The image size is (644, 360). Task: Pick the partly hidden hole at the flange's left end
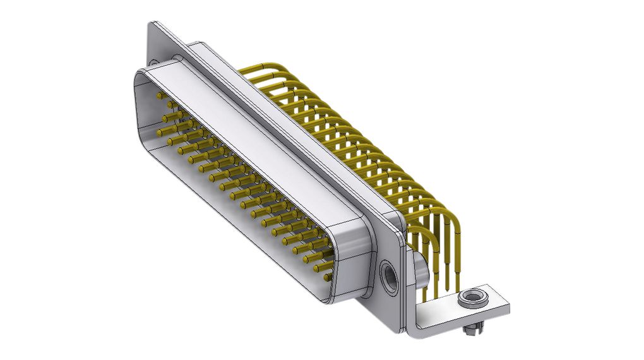coord(153,63)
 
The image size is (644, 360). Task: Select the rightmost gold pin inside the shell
coord(327,277)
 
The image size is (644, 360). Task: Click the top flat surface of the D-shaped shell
coord(253,145)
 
